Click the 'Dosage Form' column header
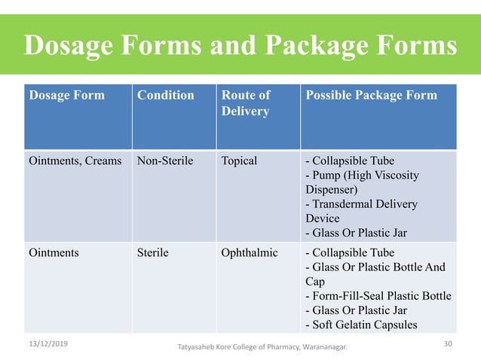(x=66, y=96)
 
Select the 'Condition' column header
(x=165, y=96)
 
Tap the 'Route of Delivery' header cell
(x=245, y=103)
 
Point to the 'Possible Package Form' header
(x=370, y=96)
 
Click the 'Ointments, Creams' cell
(x=75, y=160)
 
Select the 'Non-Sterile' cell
(x=165, y=160)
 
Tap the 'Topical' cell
(x=239, y=160)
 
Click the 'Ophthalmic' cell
(x=250, y=252)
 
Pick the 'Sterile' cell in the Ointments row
(x=152, y=252)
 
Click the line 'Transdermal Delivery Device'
(x=360, y=211)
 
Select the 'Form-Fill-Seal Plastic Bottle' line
(x=378, y=296)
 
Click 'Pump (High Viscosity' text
(x=361, y=175)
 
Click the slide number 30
(x=450, y=343)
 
